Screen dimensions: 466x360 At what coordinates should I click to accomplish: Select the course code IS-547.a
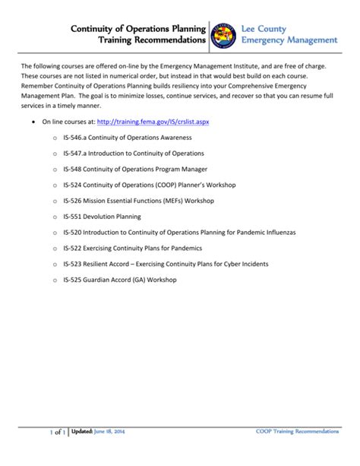tap(77, 153)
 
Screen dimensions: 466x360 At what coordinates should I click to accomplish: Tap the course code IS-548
tap(74, 169)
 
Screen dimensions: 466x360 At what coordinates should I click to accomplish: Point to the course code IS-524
tap(74, 185)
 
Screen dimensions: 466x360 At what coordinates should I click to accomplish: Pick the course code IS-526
tap(74, 201)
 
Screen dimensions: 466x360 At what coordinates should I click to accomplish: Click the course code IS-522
tap(74, 248)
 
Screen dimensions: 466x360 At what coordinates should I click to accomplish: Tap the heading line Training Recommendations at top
tap(157, 39)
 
